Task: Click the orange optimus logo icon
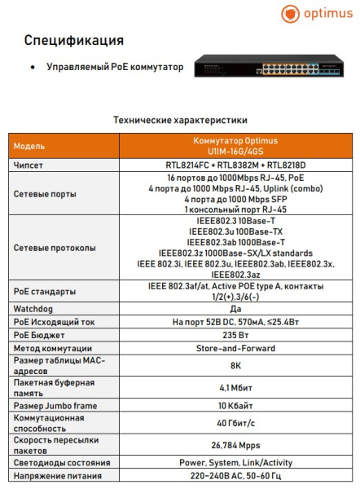[290, 14]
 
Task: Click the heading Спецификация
[74, 40]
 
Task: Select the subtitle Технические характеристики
[179, 119]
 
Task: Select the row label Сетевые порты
[46, 194]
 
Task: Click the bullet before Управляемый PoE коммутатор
[31, 68]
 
